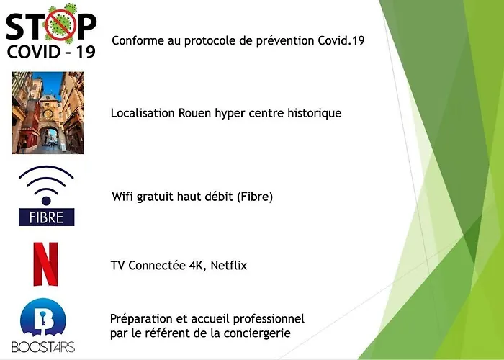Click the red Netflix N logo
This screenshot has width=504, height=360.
click(45, 264)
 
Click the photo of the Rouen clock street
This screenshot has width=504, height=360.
click(48, 113)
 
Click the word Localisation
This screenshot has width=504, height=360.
click(140, 114)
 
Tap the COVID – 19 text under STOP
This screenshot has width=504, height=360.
click(50, 53)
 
